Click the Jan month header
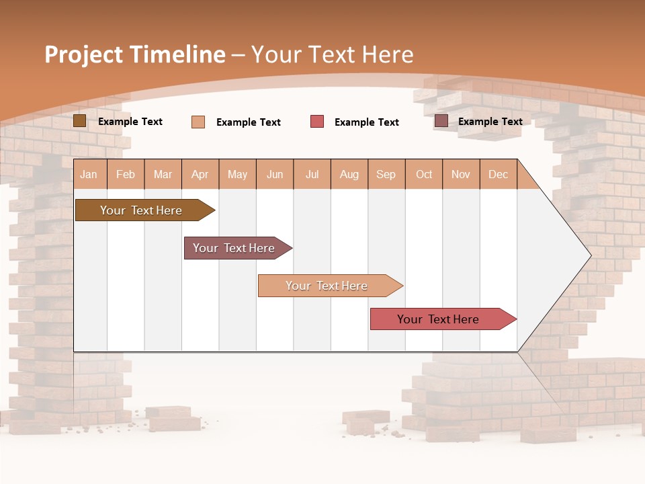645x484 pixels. (x=89, y=175)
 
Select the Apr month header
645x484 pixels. (x=200, y=175)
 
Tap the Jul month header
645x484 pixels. (x=312, y=175)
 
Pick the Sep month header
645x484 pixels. (x=386, y=175)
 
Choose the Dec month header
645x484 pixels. (x=498, y=175)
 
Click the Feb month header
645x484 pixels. (x=126, y=175)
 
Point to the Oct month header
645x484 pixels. (x=424, y=175)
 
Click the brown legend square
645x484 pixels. (x=79, y=121)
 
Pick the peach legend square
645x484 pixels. (x=198, y=122)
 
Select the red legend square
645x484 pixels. (x=317, y=122)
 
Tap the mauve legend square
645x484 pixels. (x=441, y=121)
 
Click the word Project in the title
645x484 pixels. (x=84, y=54)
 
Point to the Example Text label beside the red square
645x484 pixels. (x=366, y=122)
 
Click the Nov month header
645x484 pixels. (x=461, y=175)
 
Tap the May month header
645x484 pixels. (x=237, y=175)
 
